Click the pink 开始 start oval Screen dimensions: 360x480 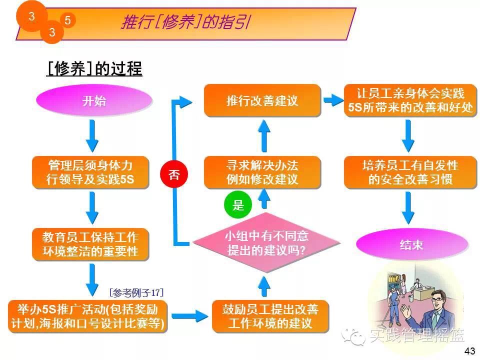94,100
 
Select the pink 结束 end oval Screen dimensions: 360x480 411,244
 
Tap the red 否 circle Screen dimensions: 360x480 173,174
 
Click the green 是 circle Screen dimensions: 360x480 238,204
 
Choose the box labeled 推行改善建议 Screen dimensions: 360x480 262,100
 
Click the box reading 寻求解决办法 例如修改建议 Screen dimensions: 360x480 262,172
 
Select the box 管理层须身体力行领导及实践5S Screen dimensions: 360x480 90,172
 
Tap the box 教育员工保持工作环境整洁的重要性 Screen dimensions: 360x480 90,244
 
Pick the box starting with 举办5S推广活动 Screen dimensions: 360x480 87,316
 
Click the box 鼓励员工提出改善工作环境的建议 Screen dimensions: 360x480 270,316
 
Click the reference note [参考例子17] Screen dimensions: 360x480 136,292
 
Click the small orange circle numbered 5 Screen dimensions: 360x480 67,20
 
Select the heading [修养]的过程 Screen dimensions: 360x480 94,68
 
